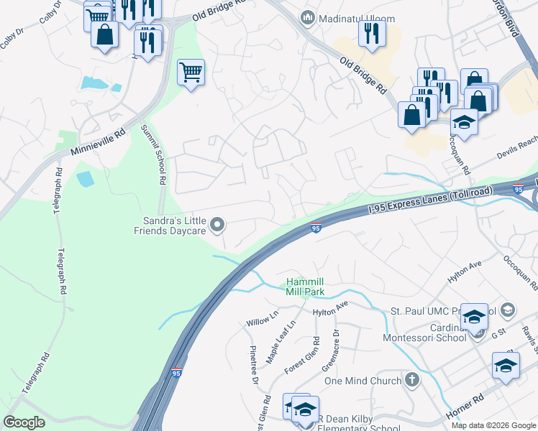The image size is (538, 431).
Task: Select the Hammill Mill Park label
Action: pyautogui.click(x=305, y=287)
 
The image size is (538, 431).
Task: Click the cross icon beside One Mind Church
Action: pyautogui.click(x=412, y=379)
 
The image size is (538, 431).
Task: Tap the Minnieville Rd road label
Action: pyautogui.click(x=99, y=142)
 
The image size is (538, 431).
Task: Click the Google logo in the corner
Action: pyautogui.click(x=24, y=422)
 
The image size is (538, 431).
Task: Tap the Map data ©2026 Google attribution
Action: pyautogui.click(x=493, y=425)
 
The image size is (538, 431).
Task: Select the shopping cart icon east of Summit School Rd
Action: pyautogui.click(x=191, y=72)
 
